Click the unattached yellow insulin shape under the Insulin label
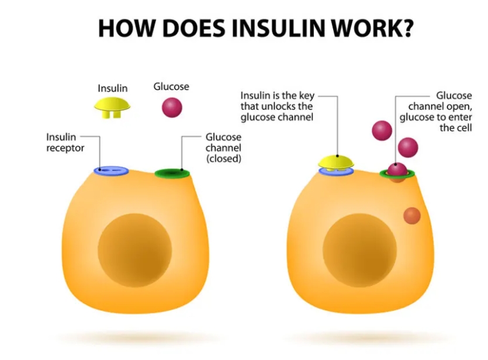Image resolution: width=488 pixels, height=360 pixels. [113, 107]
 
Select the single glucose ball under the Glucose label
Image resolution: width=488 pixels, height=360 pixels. [171, 107]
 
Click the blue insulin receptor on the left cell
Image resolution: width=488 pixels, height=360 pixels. [111, 171]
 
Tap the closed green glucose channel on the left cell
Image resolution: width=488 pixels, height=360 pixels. [172, 173]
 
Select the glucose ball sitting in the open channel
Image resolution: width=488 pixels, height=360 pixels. [397, 169]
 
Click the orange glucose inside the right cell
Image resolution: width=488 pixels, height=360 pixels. [412, 216]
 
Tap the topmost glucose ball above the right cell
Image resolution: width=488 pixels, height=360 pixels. [382, 130]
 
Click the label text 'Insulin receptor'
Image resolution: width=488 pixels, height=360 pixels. [65, 142]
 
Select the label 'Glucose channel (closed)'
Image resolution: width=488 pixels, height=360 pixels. [223, 147]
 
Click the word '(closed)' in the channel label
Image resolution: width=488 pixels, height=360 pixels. [223, 158]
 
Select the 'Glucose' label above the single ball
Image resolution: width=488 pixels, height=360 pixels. [171, 86]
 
